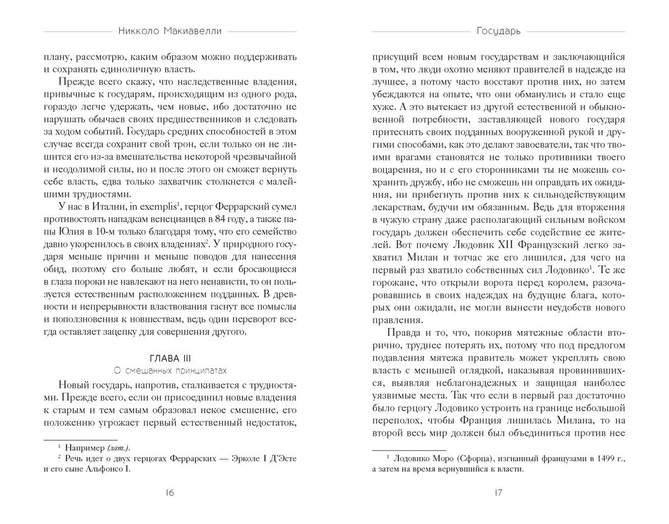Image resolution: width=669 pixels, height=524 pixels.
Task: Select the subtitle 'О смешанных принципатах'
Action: [170, 369]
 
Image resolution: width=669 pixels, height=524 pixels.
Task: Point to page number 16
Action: [170, 494]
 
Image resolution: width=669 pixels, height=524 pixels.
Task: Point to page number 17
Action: [499, 494]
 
